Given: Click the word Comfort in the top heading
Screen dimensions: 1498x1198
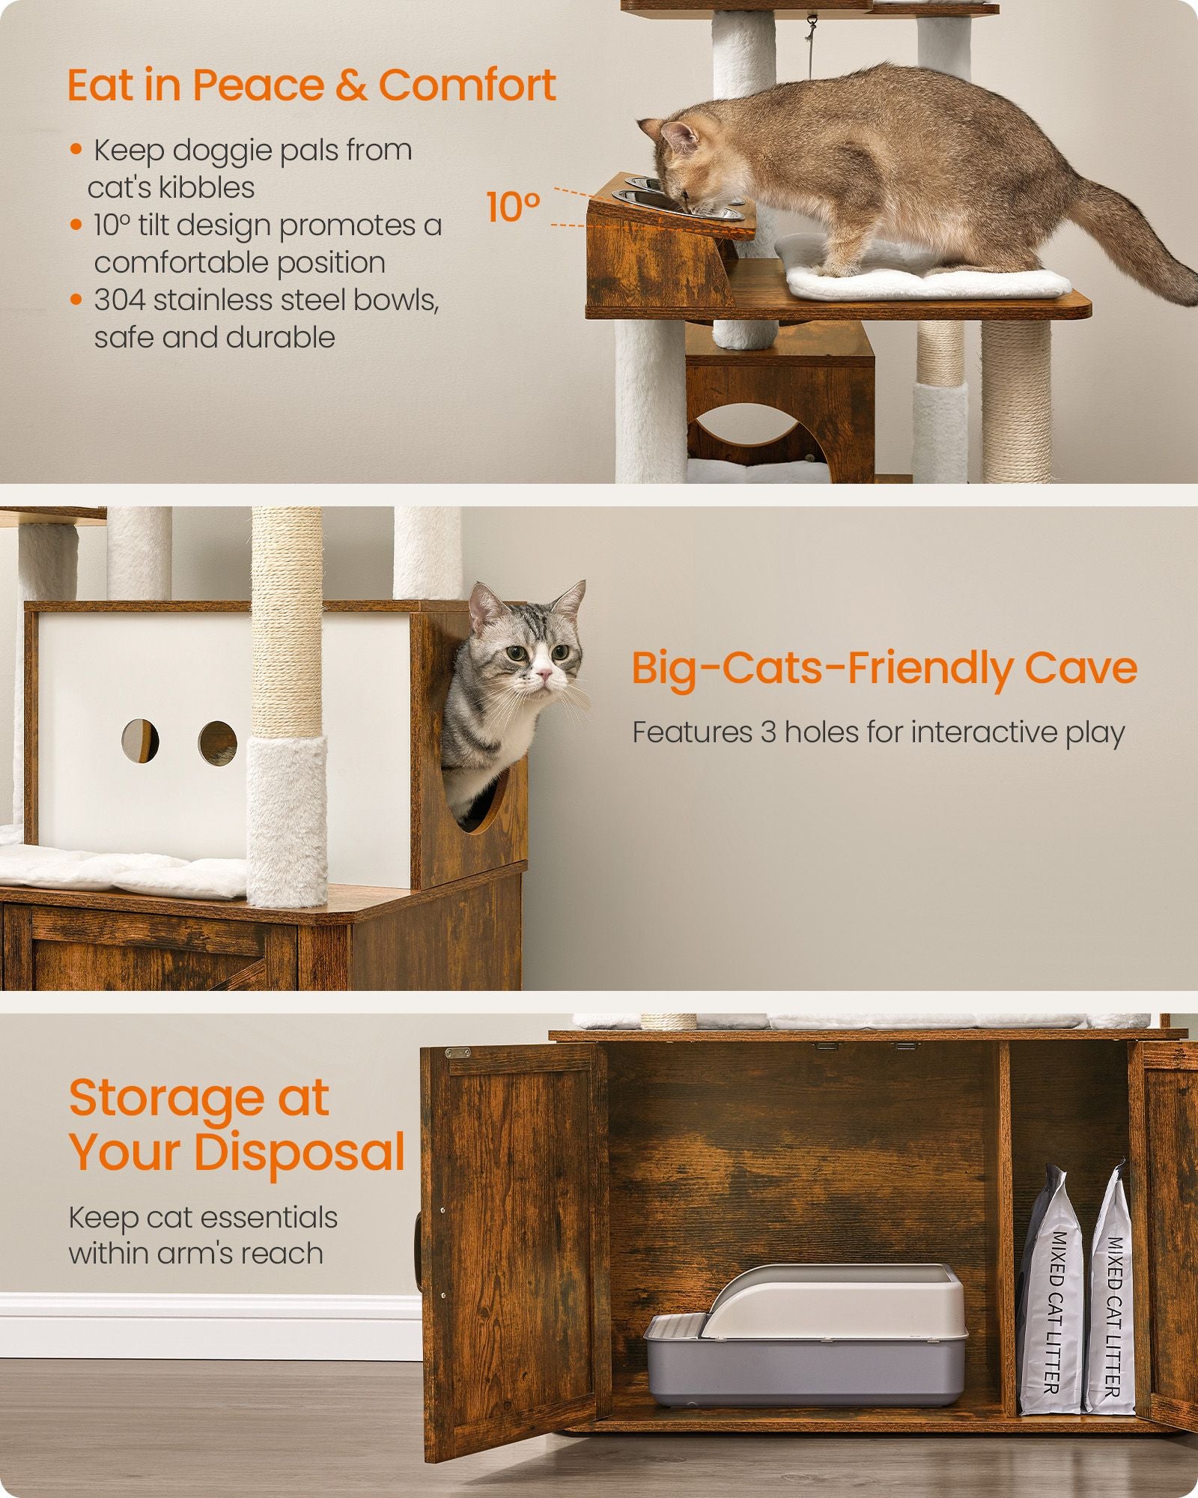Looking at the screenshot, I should point(466,85).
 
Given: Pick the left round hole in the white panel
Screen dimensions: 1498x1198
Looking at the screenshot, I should point(140,740).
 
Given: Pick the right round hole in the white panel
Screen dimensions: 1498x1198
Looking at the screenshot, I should point(217,743).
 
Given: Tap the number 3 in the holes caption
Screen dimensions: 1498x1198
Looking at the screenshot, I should point(768,732).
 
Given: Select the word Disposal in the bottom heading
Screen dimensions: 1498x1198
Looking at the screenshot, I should point(299,1152).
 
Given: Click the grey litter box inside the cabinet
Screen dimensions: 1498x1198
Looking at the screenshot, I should point(805,1341).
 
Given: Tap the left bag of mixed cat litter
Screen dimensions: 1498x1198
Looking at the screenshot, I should point(1050,1296).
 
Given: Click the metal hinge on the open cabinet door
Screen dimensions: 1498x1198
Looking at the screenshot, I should point(457,1052).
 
